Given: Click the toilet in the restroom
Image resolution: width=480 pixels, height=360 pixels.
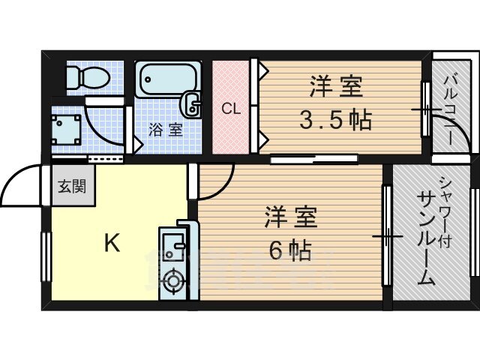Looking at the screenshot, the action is [x=88, y=76].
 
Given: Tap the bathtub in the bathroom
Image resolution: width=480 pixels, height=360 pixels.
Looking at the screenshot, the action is [x=168, y=79].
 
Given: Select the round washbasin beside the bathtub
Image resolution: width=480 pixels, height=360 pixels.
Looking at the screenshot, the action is [x=190, y=104].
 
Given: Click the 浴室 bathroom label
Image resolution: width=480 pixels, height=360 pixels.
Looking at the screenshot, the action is [x=166, y=130].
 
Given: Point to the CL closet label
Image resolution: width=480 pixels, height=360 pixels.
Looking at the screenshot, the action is [x=231, y=108].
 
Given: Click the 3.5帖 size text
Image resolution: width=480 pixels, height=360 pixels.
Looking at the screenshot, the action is [x=335, y=120].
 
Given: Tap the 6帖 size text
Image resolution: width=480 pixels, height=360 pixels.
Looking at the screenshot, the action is [x=290, y=250].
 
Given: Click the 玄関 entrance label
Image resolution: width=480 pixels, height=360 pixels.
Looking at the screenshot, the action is [x=72, y=186].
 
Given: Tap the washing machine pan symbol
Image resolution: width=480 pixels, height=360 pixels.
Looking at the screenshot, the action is [x=66, y=130].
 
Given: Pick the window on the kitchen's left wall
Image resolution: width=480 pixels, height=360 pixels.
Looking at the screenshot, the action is [x=46, y=256].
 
